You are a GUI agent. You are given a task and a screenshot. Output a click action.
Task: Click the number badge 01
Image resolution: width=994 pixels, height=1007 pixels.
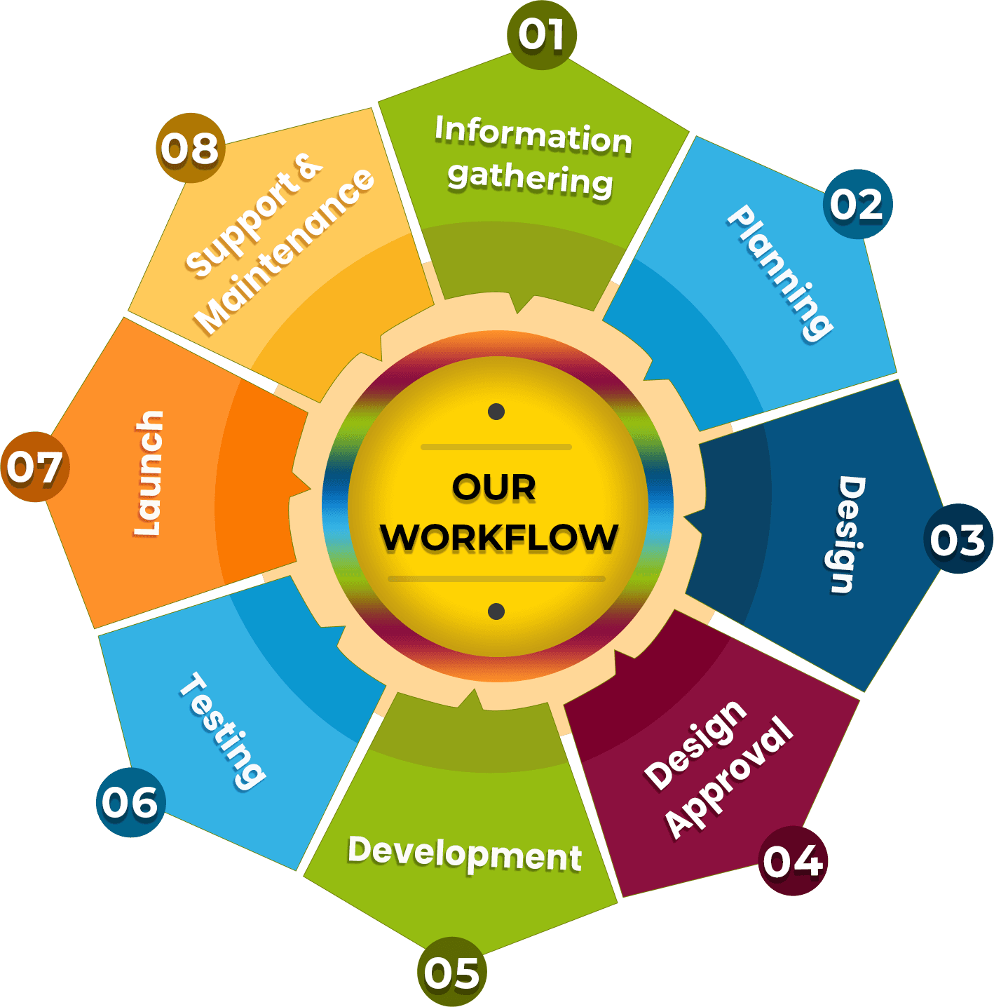(x=541, y=35)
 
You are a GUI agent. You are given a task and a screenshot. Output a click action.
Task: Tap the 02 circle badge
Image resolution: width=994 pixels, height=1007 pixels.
(x=857, y=204)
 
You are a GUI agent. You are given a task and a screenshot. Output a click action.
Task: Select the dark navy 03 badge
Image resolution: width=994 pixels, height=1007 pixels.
(x=958, y=539)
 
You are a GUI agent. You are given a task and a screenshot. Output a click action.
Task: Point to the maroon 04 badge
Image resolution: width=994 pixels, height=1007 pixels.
(x=792, y=860)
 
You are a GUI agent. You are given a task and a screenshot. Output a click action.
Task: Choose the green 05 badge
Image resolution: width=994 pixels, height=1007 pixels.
(x=451, y=971)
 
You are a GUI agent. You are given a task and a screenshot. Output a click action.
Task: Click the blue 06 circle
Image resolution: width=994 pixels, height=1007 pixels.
(x=130, y=802)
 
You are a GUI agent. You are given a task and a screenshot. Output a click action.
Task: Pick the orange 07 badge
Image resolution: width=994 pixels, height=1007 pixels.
(x=35, y=466)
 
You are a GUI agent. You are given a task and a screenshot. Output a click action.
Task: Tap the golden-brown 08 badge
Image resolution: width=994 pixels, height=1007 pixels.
(x=190, y=148)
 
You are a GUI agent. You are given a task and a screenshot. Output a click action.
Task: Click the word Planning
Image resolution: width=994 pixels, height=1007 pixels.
(x=779, y=273)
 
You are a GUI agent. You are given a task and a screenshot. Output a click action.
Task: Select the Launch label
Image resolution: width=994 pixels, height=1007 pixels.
(x=149, y=473)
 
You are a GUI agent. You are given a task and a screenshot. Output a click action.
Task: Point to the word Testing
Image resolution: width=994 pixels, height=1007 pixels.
(x=222, y=731)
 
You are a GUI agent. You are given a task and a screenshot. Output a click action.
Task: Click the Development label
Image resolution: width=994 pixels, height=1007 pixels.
(x=465, y=853)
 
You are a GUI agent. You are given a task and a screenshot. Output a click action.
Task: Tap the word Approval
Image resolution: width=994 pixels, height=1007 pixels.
(x=730, y=777)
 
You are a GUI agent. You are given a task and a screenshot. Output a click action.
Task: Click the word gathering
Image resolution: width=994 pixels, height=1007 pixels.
(x=530, y=180)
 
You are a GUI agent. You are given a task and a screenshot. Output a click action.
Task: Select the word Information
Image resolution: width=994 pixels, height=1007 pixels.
(x=533, y=135)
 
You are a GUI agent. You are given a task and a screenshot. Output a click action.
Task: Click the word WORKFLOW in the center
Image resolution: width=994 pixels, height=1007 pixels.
(x=499, y=537)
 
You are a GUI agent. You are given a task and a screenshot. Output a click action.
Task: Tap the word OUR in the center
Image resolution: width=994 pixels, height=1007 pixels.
(x=494, y=487)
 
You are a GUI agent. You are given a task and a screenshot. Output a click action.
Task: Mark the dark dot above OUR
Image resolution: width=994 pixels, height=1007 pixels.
(x=496, y=411)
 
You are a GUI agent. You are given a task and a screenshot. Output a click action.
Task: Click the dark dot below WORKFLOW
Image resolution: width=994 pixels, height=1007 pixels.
(x=496, y=611)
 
